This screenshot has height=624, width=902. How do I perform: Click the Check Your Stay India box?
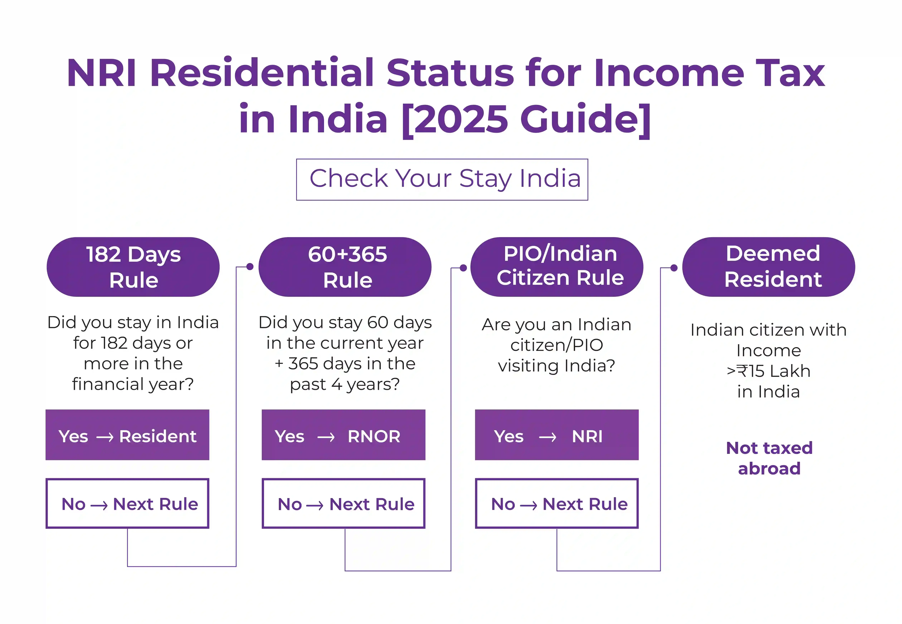442,179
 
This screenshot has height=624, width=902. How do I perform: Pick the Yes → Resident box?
127,435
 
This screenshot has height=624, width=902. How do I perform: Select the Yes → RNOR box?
343,435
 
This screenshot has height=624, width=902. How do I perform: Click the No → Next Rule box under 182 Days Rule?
127,504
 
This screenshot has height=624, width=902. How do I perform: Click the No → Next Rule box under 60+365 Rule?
343,504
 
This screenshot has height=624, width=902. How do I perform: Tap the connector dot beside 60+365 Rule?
250,267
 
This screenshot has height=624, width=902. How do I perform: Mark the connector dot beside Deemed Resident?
674,268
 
